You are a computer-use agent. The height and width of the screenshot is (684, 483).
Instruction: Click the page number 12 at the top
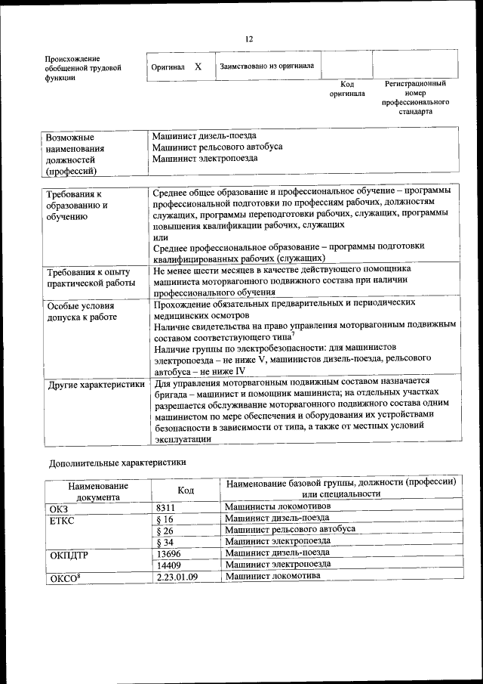click(248, 39)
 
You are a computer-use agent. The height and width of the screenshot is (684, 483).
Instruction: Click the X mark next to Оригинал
click(198, 67)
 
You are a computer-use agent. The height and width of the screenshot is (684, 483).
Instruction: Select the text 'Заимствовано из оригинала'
click(266, 67)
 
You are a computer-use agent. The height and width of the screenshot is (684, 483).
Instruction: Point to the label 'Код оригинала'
click(346, 89)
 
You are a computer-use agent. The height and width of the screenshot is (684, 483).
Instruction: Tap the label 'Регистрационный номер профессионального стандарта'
click(415, 97)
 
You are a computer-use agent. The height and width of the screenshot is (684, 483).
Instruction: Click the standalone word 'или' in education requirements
click(160, 236)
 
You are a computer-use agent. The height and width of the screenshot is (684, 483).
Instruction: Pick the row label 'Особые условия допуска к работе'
click(82, 311)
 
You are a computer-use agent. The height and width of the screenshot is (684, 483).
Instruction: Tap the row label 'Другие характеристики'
click(96, 385)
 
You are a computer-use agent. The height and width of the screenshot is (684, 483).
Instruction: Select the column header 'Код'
click(186, 491)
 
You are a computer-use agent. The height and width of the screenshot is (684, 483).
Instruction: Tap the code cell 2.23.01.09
click(177, 577)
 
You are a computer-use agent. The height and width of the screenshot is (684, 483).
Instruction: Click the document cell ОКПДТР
click(69, 554)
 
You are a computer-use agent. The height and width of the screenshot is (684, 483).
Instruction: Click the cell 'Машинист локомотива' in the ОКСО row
click(272, 576)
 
